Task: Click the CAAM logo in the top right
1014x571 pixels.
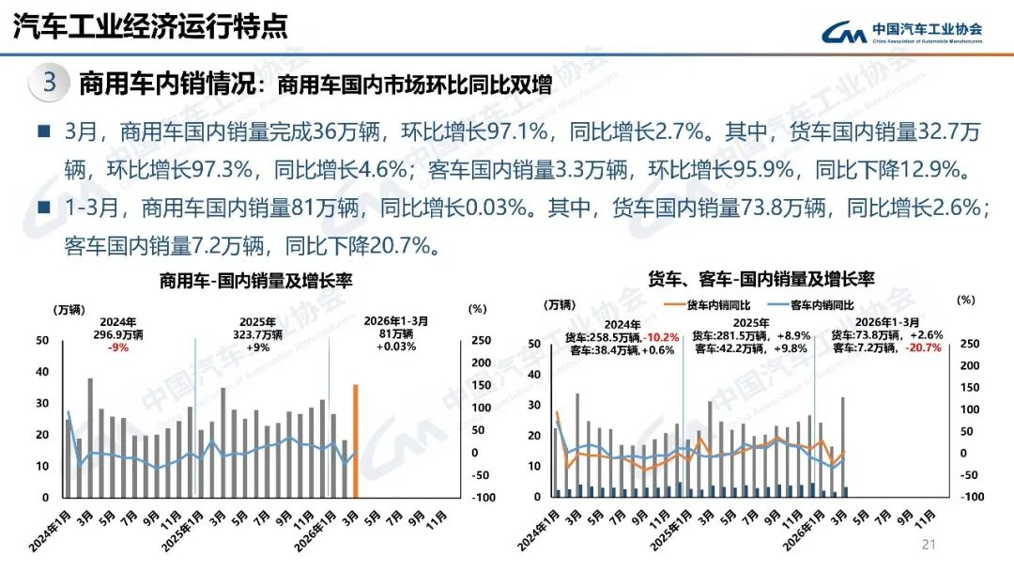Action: click(x=901, y=32)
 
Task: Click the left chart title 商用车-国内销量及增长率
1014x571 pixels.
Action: click(x=255, y=281)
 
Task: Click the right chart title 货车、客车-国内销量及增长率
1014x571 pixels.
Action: click(x=761, y=279)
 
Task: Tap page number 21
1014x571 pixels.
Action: click(x=930, y=545)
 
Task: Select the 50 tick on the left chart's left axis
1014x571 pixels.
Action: click(x=43, y=341)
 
